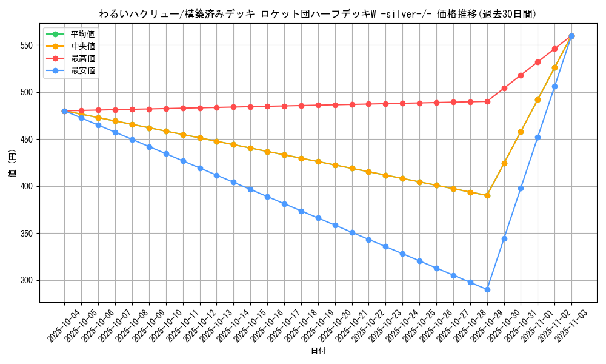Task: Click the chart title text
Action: pos(318,14)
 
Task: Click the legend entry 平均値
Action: pos(82,34)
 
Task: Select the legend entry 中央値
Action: pos(82,46)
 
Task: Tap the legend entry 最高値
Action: pos(82,58)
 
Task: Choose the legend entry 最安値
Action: pos(82,70)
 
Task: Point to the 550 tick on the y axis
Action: pos(28,45)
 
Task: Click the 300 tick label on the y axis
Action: pos(28,280)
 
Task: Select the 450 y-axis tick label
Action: pos(28,140)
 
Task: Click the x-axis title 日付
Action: pos(318,351)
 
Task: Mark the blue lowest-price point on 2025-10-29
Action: pos(487,289)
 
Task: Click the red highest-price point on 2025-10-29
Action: pos(487,101)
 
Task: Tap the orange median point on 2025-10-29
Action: pos(487,195)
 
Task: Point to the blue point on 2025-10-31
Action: pos(521,188)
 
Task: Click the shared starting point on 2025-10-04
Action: pos(64,111)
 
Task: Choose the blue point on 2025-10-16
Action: pos(267,197)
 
